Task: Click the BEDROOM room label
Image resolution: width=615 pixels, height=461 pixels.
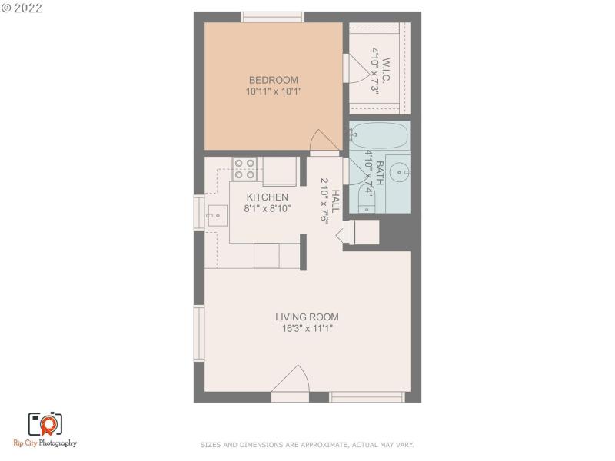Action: [x=273, y=80]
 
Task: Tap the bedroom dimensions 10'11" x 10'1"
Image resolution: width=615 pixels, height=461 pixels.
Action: [x=273, y=91]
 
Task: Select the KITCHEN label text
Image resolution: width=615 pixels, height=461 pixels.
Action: [x=267, y=197]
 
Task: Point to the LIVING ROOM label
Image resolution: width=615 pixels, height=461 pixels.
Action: [x=307, y=317]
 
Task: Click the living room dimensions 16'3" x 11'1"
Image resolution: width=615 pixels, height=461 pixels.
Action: [x=307, y=328]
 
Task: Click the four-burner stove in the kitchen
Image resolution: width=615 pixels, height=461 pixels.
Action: [x=245, y=169]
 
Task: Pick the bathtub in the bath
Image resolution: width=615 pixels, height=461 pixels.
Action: [x=380, y=137]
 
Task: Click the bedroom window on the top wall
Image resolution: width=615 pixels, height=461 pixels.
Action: [x=273, y=17]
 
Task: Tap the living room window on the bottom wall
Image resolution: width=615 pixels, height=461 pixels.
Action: [x=367, y=396]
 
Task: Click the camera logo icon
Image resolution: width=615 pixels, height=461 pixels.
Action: [x=45, y=423]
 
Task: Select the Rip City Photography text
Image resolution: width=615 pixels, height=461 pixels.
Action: [x=45, y=443]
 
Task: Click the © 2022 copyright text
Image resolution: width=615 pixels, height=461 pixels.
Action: [x=22, y=8]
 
